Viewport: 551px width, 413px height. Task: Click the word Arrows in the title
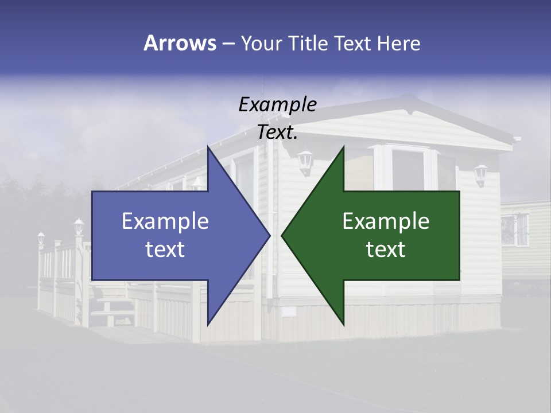[x=180, y=43]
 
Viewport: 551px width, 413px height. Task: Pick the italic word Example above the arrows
[x=277, y=104]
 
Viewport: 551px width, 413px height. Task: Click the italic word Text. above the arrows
[x=277, y=133]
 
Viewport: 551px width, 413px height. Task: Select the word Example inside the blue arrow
[x=165, y=221]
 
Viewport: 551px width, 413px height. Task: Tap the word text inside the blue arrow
[x=165, y=250]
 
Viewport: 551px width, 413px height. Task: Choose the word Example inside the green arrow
[x=386, y=221]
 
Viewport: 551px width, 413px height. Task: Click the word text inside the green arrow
[x=386, y=250]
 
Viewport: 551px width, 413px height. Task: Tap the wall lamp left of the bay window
[x=305, y=161]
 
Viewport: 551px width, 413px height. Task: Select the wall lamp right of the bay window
[x=480, y=174]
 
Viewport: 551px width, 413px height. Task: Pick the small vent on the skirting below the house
[x=289, y=311]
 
